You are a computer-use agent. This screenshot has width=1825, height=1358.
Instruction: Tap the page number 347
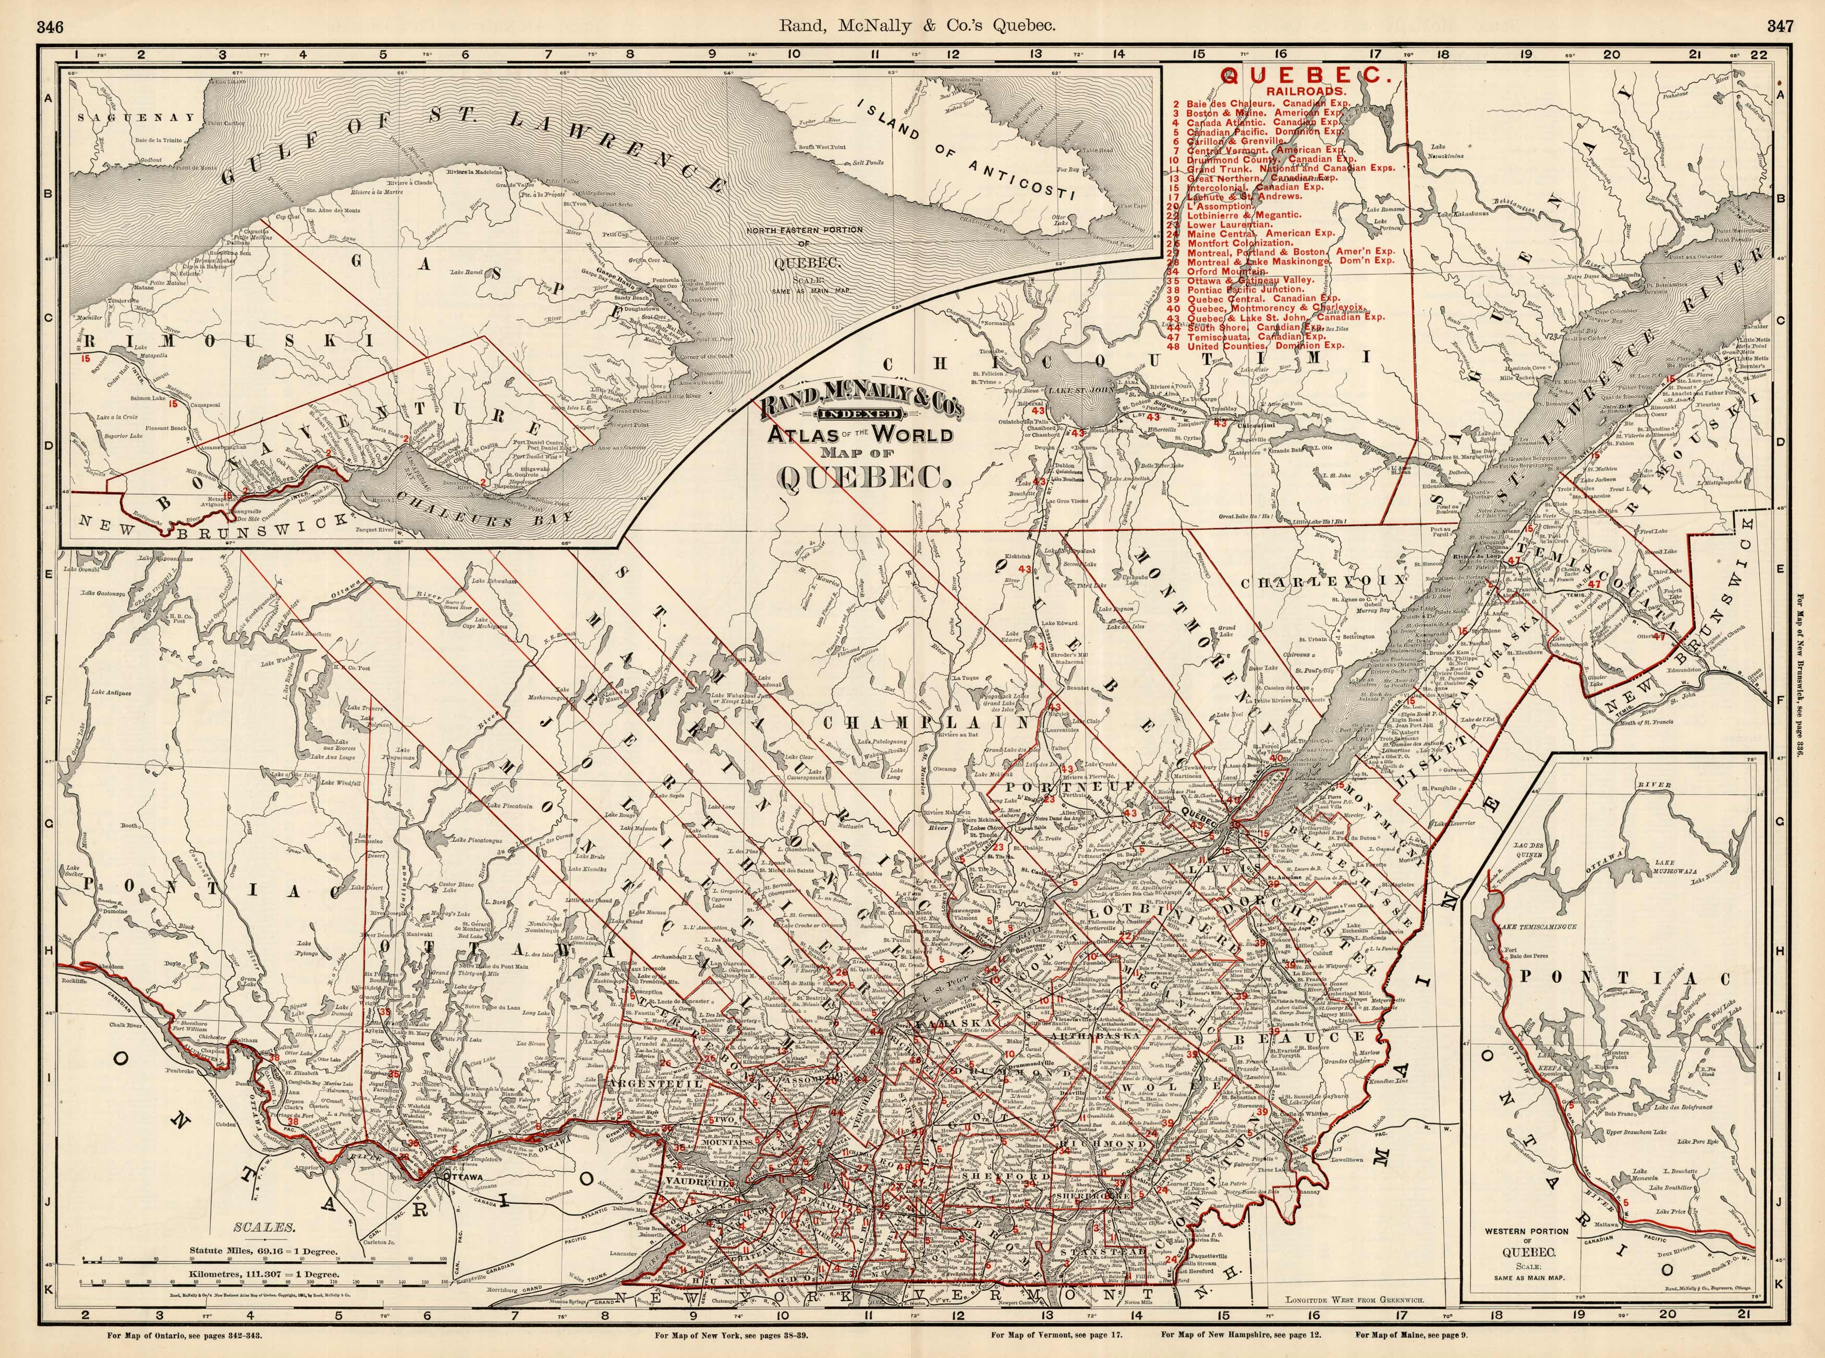(x=1781, y=26)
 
